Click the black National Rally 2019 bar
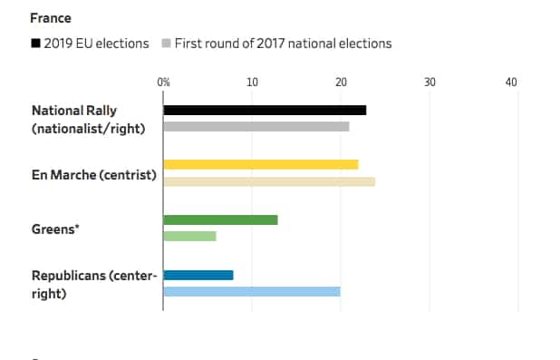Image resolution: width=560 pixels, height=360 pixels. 265,110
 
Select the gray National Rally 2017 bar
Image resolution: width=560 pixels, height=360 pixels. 256,126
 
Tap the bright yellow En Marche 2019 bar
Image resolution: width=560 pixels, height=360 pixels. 260,164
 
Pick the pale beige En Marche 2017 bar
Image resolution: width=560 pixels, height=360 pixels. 268,181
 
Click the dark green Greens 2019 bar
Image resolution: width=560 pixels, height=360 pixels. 220,219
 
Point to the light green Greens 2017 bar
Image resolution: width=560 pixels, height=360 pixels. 189,236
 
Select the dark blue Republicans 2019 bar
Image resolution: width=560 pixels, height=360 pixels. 198,275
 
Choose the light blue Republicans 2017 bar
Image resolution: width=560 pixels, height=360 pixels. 251,291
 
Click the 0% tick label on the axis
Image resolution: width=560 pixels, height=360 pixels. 163,83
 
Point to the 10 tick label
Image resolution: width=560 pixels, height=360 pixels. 252,83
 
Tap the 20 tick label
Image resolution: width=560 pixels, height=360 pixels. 341,83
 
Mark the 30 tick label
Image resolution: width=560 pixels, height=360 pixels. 430,83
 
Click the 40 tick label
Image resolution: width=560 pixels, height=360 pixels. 511,83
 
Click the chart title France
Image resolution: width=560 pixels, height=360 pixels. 51,18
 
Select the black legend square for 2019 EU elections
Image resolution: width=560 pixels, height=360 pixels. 35,44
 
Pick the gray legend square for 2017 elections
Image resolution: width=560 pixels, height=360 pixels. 166,44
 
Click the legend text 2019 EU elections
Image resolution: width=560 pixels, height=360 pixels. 96,44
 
